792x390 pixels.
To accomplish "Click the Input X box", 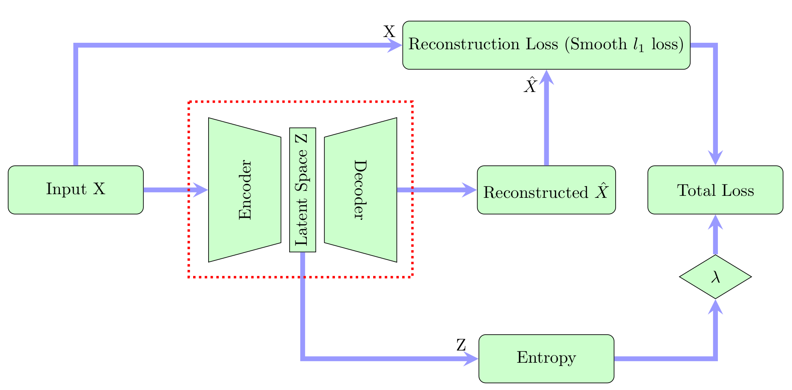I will pyautogui.click(x=76, y=190).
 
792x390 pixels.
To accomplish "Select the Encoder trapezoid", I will pyautogui.click(x=244, y=190).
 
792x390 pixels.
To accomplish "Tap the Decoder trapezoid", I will pyautogui.click(x=361, y=190).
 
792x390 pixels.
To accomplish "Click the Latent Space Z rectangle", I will pyautogui.click(x=303, y=190).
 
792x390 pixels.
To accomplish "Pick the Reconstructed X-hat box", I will pyautogui.click(x=546, y=190).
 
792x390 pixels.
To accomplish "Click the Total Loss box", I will pyautogui.click(x=715, y=190).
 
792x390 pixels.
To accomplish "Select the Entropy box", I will pyautogui.click(x=546, y=359).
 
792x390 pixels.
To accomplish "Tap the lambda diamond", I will pyautogui.click(x=715, y=277).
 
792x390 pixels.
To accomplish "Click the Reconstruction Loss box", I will pyautogui.click(x=546, y=45).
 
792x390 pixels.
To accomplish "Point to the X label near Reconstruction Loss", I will pyautogui.click(x=389, y=32).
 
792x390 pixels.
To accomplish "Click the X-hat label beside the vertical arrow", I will pyautogui.click(x=530, y=86).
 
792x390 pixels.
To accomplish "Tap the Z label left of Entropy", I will pyautogui.click(x=461, y=345).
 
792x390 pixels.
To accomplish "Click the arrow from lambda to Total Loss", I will pyautogui.click(x=715, y=236).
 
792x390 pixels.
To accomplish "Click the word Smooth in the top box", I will pyautogui.click(x=598, y=44).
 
